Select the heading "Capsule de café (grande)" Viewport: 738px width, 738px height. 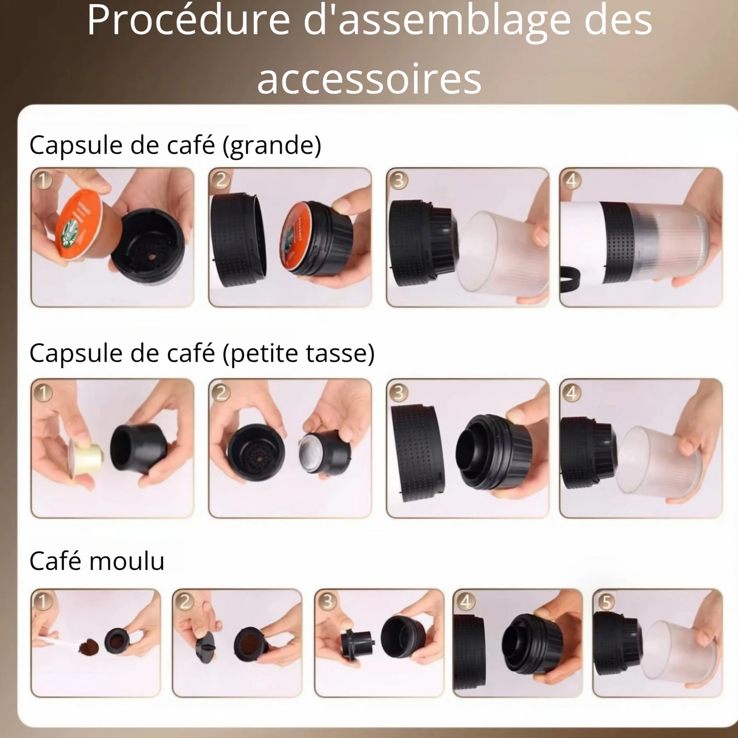coord(175,145)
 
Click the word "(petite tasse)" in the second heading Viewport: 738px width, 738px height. coord(303,353)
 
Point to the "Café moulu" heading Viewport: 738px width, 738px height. coord(97,561)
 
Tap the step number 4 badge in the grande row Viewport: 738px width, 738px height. coord(572,180)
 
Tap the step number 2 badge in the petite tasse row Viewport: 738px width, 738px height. coord(221,393)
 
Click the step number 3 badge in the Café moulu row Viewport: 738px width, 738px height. coord(327,602)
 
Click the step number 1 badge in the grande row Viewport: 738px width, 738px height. coord(43,180)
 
